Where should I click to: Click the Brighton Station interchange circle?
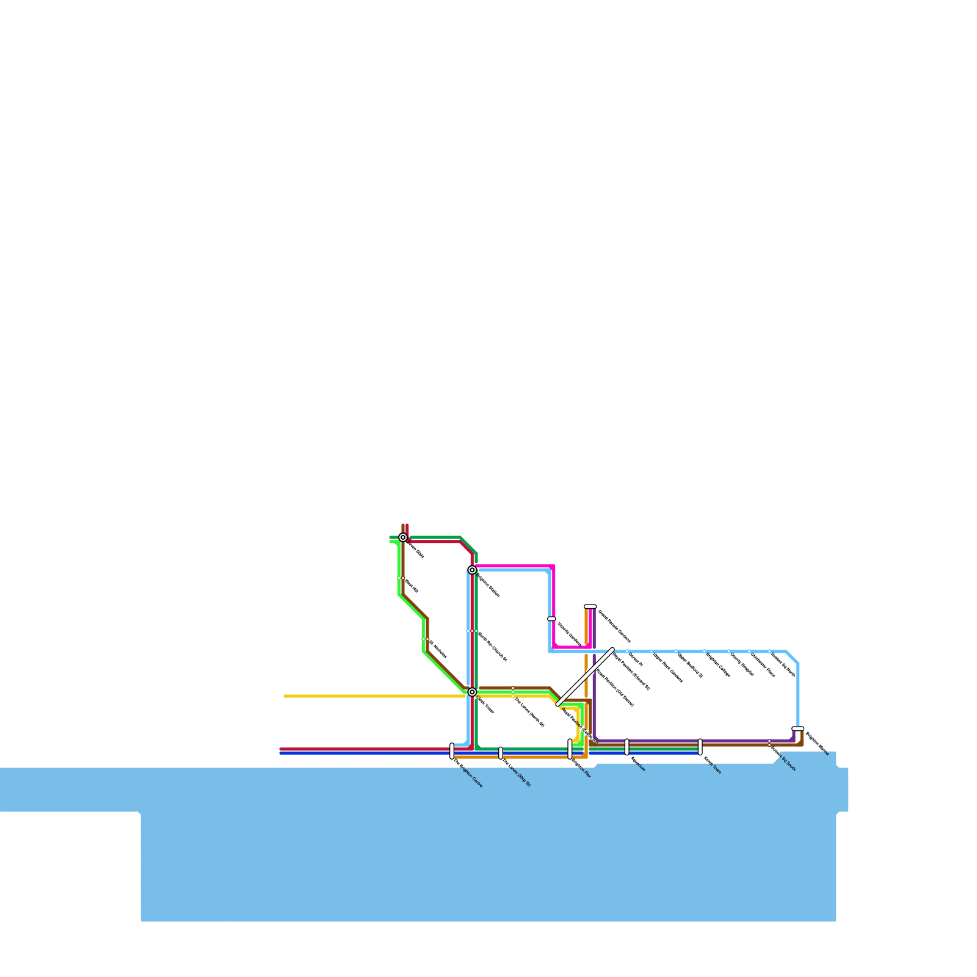point(472,570)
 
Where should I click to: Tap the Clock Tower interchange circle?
point(472,692)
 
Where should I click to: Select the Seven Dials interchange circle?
point(403,537)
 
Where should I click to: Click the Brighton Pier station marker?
point(570,749)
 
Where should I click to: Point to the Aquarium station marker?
point(627,747)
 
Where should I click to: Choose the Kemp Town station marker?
point(700,747)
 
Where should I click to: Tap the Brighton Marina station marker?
point(797,728)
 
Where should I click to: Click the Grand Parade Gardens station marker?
point(590,606)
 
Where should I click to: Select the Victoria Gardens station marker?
point(551,619)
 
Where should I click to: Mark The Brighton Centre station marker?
point(452,751)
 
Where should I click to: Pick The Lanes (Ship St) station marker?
point(501,753)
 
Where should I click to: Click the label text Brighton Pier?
point(581,768)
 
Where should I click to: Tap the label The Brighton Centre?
point(468,774)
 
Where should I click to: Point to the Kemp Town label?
point(713,765)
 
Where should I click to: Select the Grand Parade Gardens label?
point(614,626)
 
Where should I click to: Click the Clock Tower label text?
point(485,705)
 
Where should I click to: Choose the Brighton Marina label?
point(817,743)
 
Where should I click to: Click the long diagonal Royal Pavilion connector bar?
point(585,677)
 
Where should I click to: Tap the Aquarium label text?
point(637,764)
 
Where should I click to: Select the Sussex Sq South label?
point(783,759)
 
